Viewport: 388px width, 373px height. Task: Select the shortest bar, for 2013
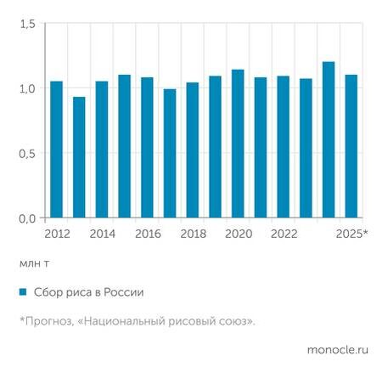pyautogui.click(x=79, y=157)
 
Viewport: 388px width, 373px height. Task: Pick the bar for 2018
pyautogui.click(x=192, y=150)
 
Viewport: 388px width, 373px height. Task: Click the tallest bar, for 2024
pyautogui.click(x=328, y=140)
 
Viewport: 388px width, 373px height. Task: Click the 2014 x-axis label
pyautogui.click(x=102, y=233)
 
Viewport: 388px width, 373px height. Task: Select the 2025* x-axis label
pyautogui.click(x=352, y=233)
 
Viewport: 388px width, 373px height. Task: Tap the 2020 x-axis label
pyautogui.click(x=238, y=233)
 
